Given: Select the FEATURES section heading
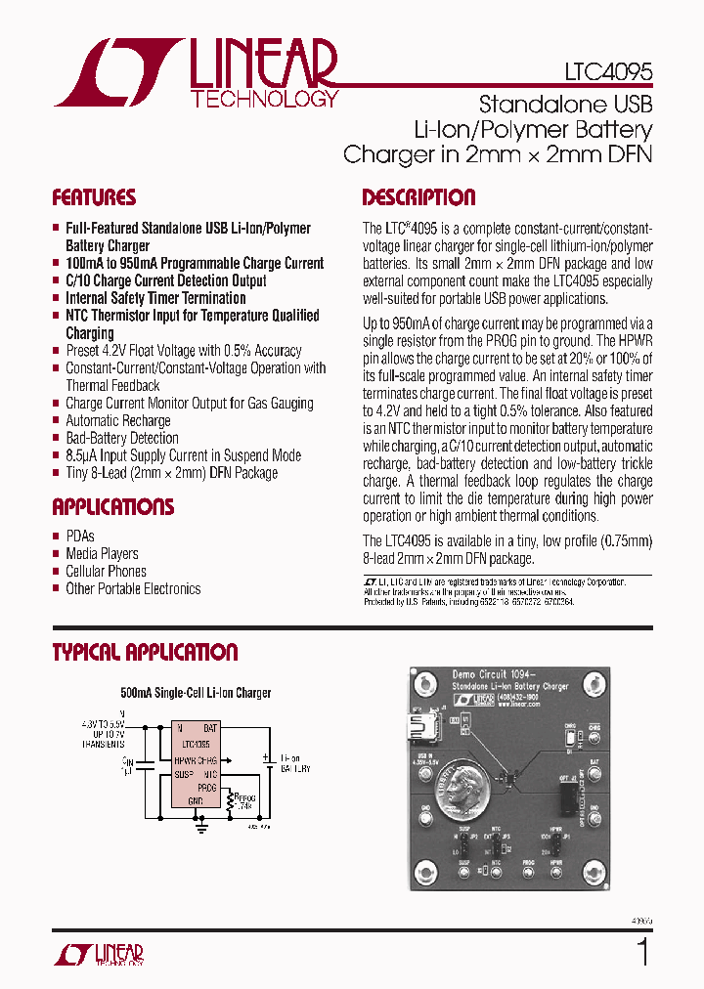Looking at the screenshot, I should pyautogui.click(x=94, y=197).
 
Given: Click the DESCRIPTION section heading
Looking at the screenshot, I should pyautogui.click(x=418, y=197).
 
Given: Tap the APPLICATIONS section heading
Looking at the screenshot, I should pyautogui.click(x=112, y=507).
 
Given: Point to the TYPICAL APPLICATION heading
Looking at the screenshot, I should pyautogui.click(x=145, y=652).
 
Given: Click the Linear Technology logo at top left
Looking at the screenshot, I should pyautogui.click(x=196, y=72).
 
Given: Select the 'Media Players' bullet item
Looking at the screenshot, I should pyautogui.click(x=102, y=554).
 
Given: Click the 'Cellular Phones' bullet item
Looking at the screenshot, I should pyautogui.click(x=106, y=572).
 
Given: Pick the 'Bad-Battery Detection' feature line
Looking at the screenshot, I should pyautogui.click(x=121, y=439).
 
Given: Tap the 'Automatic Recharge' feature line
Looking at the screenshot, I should pyautogui.click(x=117, y=421).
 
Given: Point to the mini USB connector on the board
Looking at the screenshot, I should pyautogui.click(x=427, y=729).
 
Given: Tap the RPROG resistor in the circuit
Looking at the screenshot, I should pyautogui.click(x=231, y=802).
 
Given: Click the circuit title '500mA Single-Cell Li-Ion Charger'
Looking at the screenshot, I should pyautogui.click(x=196, y=693).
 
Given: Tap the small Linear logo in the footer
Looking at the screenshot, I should pyautogui.click(x=98, y=955).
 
